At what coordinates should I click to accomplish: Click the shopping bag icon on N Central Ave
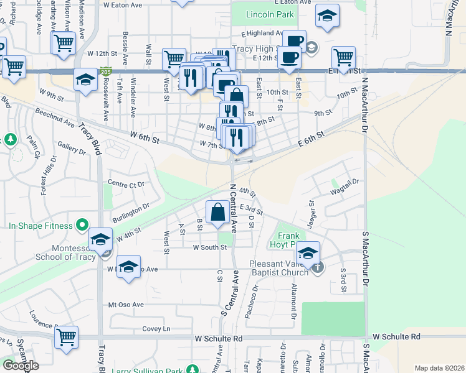pos(219,213)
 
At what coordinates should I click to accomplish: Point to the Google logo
pos(21,366)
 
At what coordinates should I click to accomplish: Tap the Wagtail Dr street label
pos(346,182)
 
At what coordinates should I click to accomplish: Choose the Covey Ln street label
pos(156,328)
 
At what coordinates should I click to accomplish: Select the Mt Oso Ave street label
pos(126,305)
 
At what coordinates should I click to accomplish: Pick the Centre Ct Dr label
pos(126,184)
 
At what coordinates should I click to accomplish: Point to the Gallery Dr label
pos(71,147)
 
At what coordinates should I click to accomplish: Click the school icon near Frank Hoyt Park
pos(307,253)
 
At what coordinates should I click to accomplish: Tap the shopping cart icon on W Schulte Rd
pos(66,337)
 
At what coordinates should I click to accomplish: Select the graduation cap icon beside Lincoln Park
pos(327,17)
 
